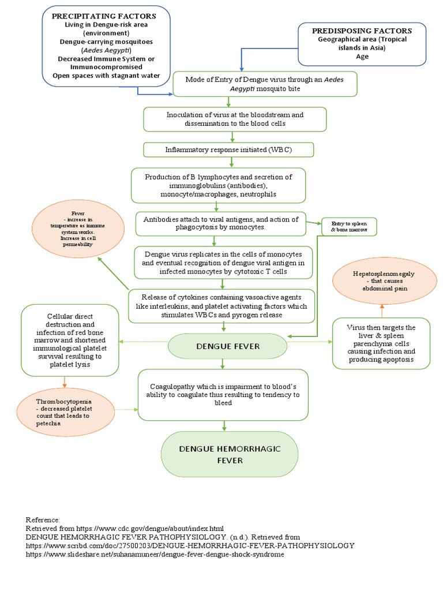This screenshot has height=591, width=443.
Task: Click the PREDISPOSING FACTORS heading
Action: coord(362,30)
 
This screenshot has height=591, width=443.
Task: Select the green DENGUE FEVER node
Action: coord(227,346)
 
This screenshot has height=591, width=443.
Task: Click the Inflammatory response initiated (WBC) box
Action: coord(228,149)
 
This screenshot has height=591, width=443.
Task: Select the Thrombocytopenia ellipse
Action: coord(65,411)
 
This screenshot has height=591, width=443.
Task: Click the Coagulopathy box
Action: coord(224,395)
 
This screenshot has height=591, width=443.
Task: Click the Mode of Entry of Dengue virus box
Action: coord(265,84)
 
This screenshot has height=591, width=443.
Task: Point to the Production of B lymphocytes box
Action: coord(218,185)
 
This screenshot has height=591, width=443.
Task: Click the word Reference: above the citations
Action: coord(43,519)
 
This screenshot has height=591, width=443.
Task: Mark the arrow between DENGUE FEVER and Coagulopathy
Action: coord(223,363)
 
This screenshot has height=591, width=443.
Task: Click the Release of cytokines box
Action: coord(221,306)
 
